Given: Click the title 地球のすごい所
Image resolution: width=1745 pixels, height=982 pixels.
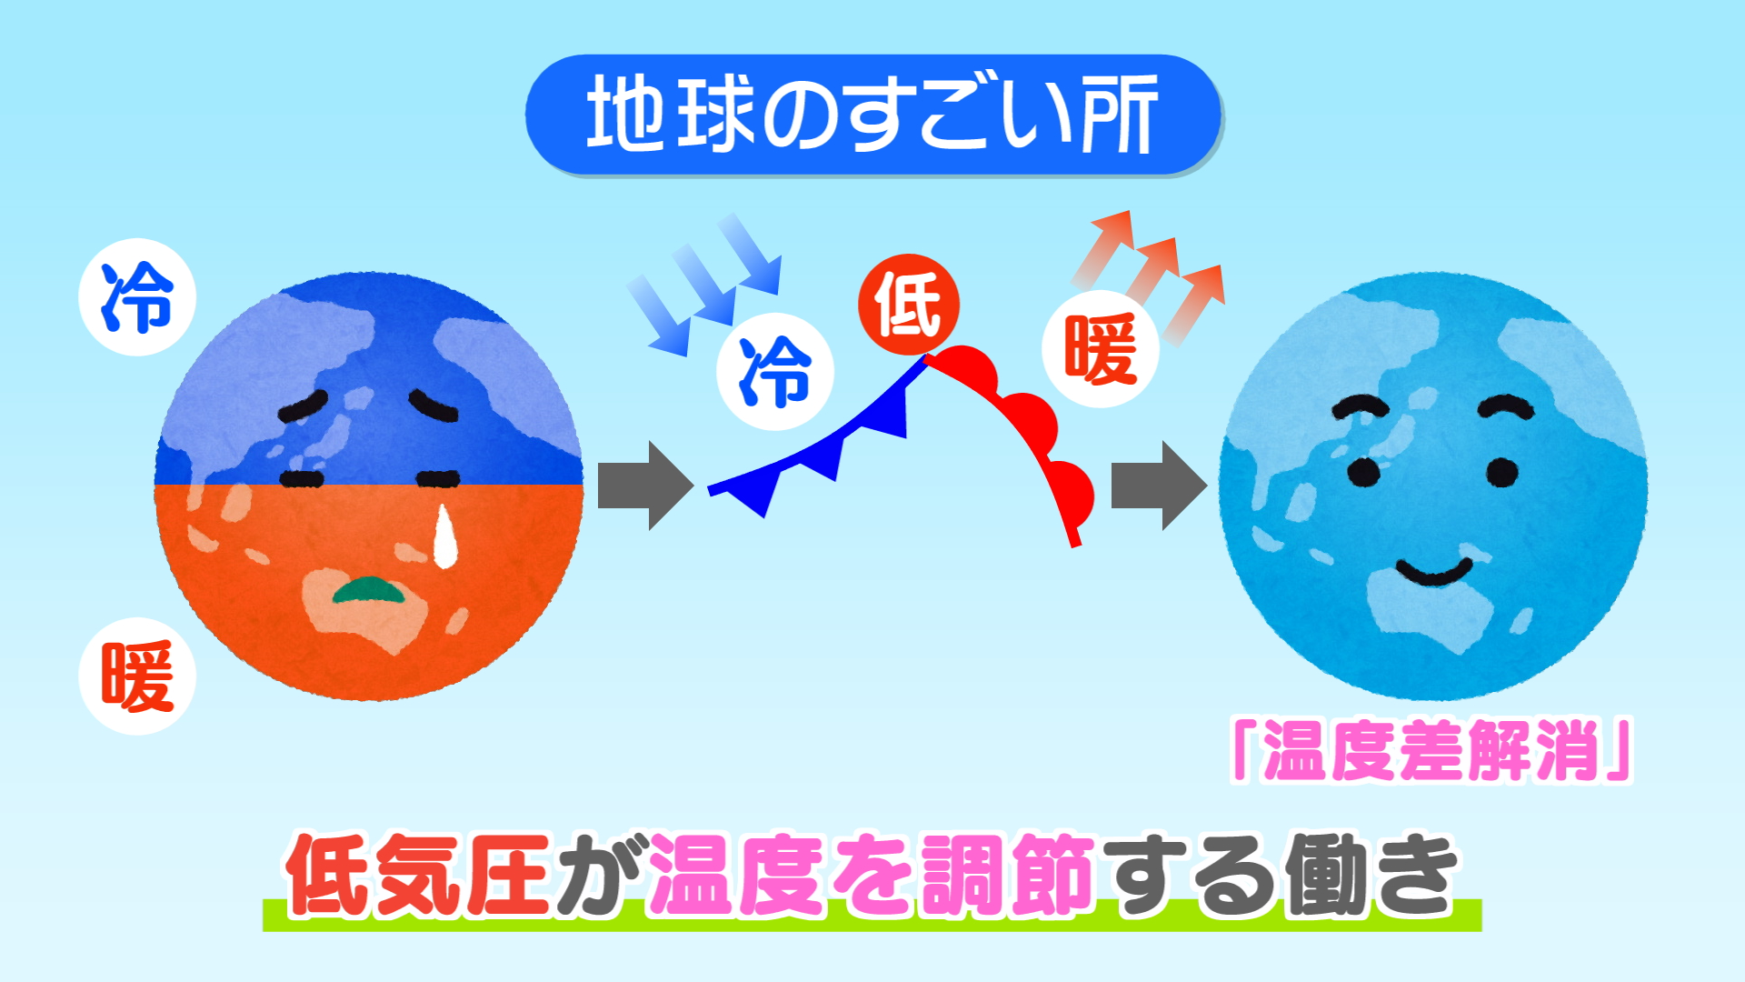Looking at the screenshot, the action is (872, 114).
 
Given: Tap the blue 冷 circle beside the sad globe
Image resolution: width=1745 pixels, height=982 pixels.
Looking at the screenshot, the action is (137, 297).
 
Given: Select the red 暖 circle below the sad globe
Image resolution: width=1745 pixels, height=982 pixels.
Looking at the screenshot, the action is (137, 676).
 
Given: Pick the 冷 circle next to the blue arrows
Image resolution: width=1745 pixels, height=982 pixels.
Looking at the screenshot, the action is (775, 372).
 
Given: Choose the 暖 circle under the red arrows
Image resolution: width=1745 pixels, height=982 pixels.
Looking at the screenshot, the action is (1100, 348).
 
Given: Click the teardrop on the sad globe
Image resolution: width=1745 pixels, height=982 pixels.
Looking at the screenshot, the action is (444, 536).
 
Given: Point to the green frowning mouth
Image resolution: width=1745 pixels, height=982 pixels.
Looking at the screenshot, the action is (372, 590).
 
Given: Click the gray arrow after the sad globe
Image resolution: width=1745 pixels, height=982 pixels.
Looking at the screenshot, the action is (646, 486).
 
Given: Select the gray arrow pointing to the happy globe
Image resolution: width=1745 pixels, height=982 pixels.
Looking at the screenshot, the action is (1160, 486).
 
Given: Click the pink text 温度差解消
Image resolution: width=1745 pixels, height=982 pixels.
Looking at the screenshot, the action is (1431, 751).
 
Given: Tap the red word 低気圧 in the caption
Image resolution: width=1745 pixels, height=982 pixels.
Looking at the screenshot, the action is (418, 875).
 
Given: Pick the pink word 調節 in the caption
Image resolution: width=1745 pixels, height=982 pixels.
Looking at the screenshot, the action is (1006, 875).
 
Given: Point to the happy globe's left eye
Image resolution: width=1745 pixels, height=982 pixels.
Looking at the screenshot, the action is (1363, 472).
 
